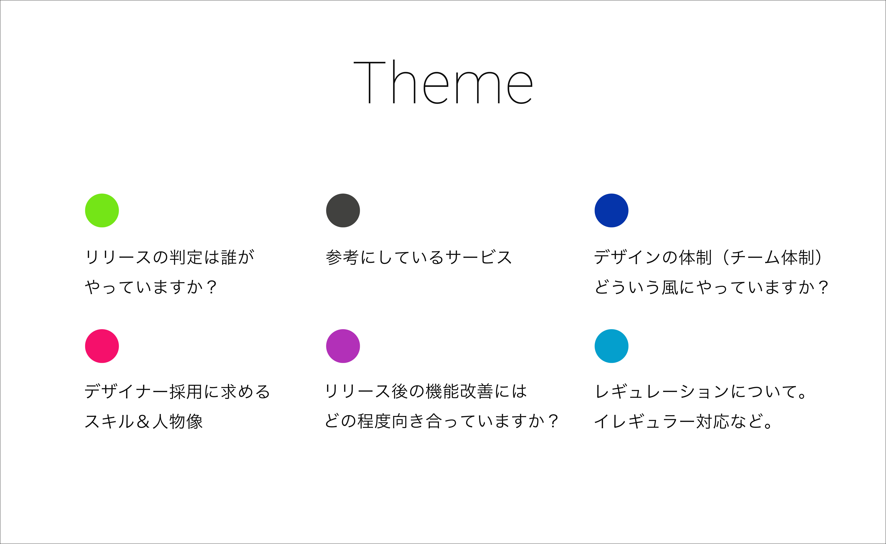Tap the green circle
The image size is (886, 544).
102,211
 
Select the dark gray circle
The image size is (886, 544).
343,211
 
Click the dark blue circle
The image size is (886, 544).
611,211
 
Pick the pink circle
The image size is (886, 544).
102,346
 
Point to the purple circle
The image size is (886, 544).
343,346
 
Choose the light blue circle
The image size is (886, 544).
611,346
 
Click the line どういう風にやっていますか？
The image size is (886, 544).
711,287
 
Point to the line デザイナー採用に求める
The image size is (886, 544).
177,391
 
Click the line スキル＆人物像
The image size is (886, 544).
144,421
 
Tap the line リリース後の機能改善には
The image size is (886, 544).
426,391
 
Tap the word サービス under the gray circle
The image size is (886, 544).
478,257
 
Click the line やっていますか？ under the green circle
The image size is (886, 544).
150,287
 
